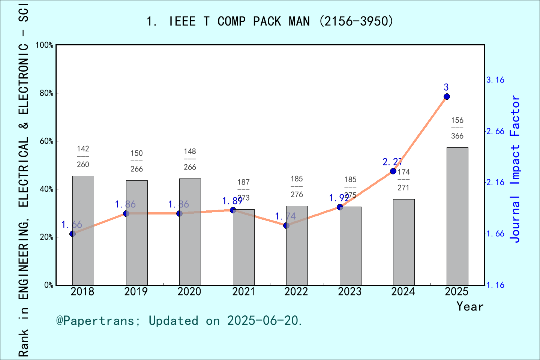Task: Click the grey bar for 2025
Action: (457, 216)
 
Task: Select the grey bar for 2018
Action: (83, 231)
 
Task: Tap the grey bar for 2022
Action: (297, 246)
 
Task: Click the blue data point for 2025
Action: (447, 97)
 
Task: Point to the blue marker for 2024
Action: (393, 171)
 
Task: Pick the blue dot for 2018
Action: (73, 234)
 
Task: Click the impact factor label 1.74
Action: (285, 216)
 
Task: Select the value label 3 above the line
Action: (446, 87)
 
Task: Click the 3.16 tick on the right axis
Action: (495, 80)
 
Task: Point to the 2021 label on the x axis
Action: (243, 292)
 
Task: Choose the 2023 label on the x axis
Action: (350, 292)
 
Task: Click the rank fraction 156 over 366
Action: (457, 128)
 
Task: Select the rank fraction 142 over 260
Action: (83, 157)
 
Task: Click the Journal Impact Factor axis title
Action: (516, 169)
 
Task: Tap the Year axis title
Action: (469, 306)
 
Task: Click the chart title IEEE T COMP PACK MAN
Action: (270, 21)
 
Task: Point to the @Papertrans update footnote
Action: (179, 321)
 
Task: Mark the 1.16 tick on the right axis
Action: (495, 285)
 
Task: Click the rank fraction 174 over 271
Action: (403, 180)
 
